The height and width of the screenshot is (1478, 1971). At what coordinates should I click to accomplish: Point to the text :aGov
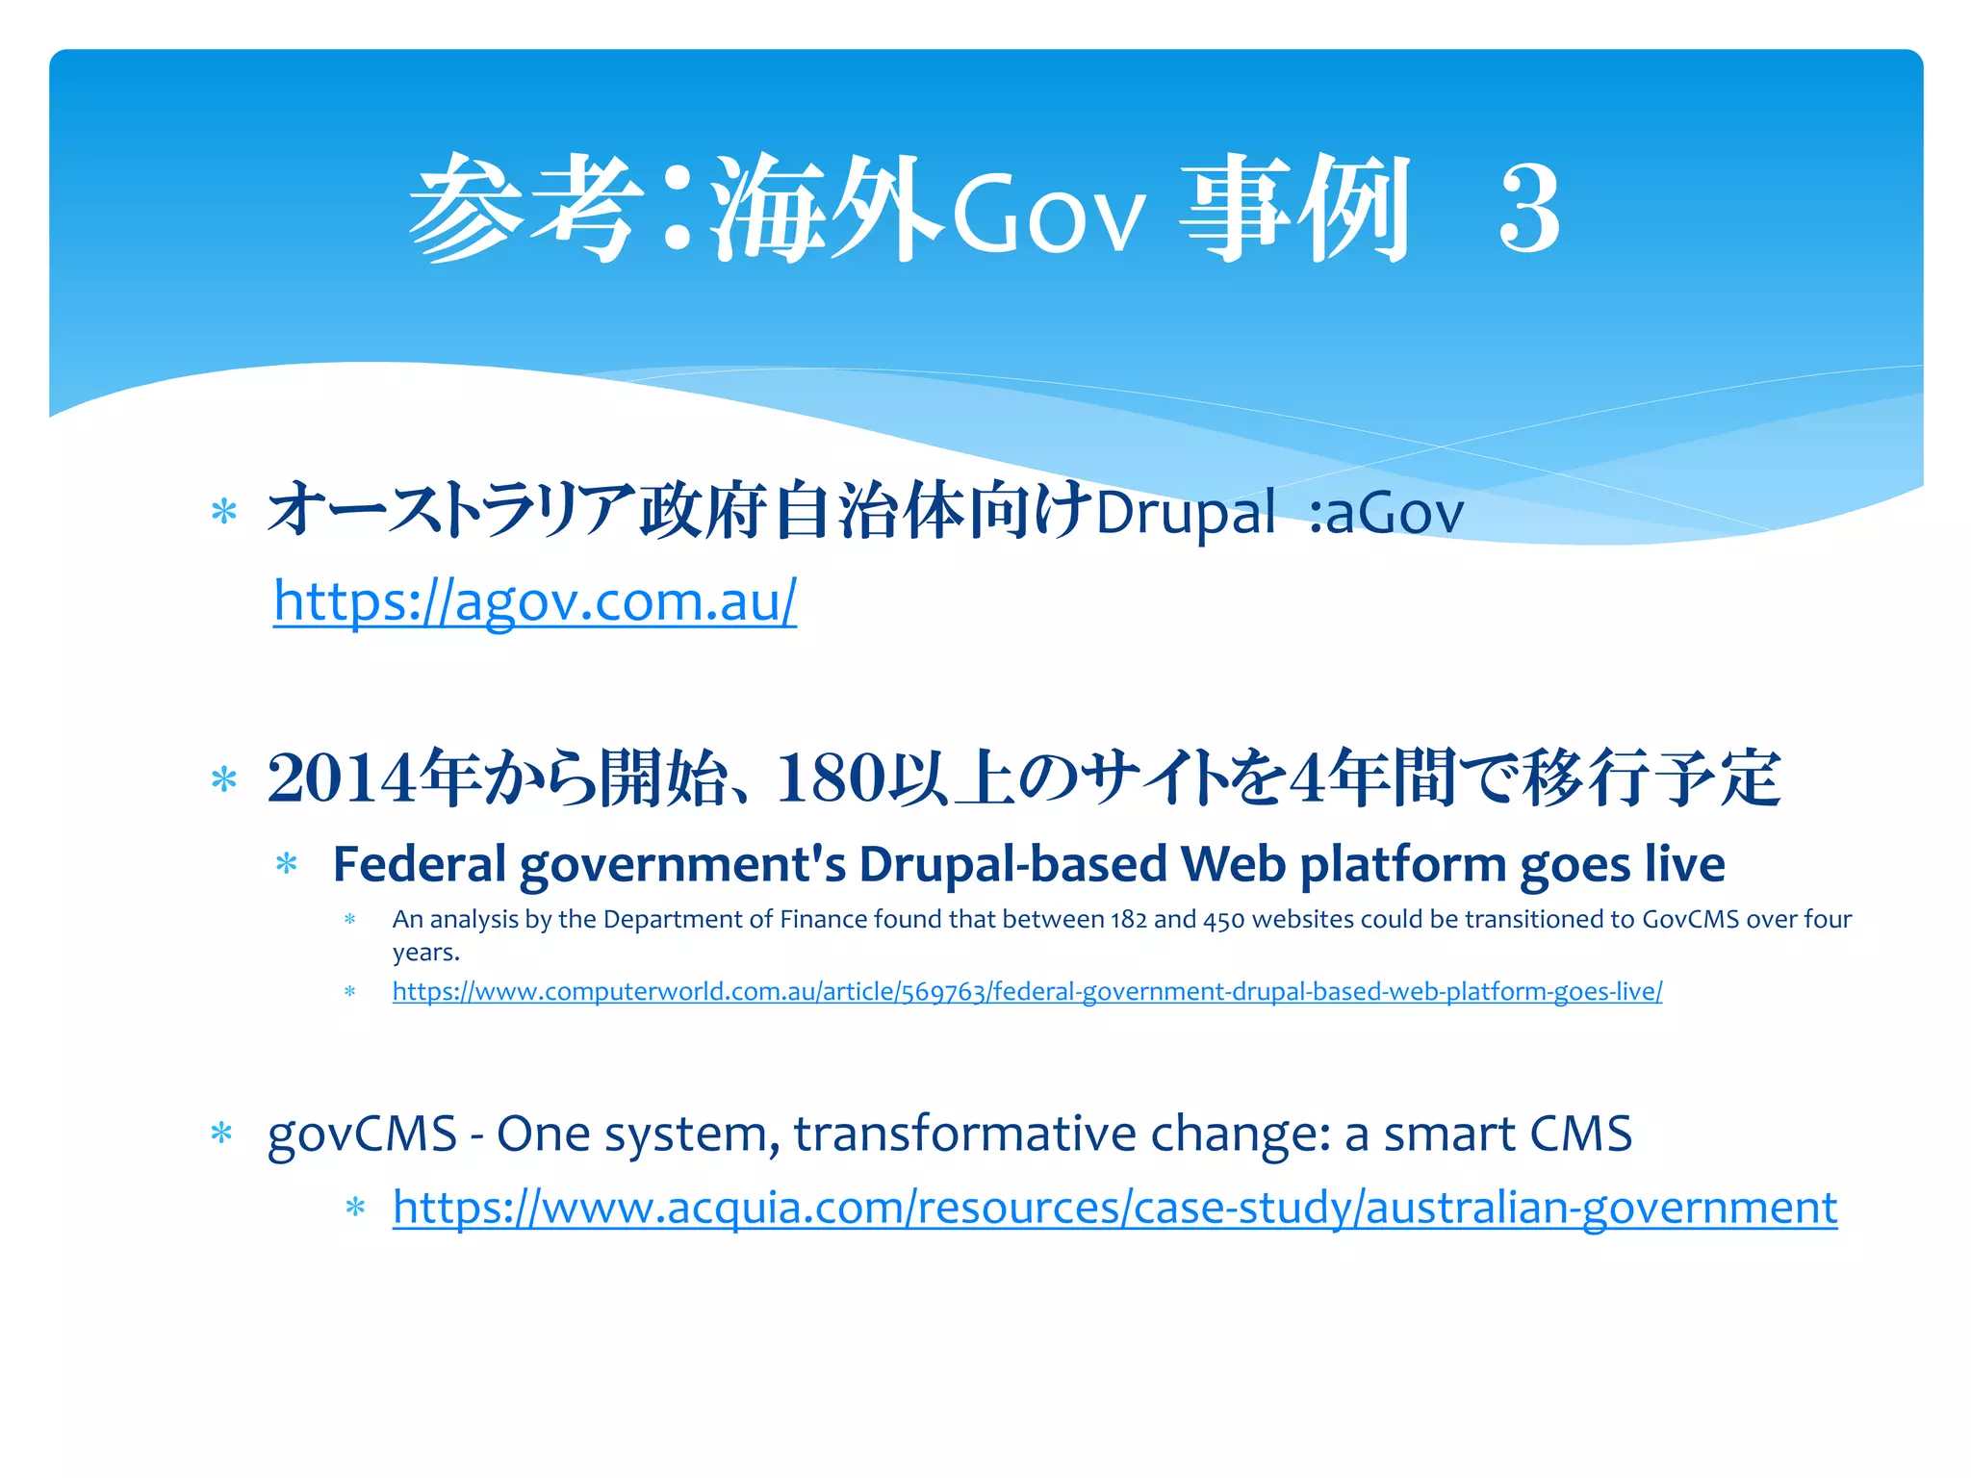(x=1386, y=512)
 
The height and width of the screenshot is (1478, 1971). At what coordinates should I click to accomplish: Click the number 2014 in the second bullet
(x=343, y=777)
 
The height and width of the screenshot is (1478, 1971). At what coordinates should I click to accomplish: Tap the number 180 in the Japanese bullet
(x=830, y=777)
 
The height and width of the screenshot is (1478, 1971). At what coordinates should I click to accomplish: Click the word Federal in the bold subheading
(x=419, y=864)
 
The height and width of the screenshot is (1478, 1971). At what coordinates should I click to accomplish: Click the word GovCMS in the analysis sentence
(x=1690, y=920)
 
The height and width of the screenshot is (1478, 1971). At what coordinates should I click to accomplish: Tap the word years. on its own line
(x=425, y=953)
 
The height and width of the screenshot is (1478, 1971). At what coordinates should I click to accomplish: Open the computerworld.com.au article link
(x=1027, y=991)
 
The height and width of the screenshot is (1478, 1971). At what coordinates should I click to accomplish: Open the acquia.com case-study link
(x=1114, y=1207)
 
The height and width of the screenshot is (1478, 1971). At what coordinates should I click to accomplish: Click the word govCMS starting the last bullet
(x=362, y=1134)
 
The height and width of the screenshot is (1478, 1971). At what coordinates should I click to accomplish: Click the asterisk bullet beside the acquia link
(x=355, y=1208)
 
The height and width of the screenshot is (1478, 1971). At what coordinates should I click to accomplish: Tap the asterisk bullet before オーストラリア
(x=223, y=511)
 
